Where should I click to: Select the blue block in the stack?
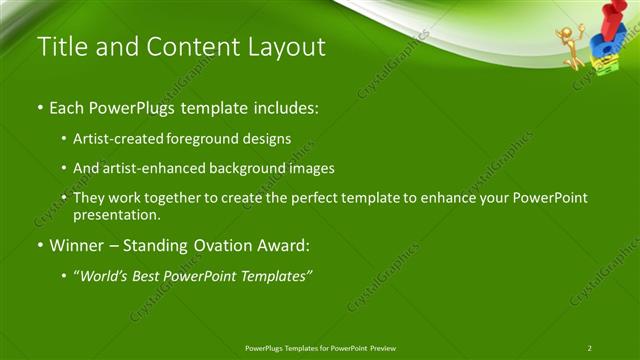tap(604, 45)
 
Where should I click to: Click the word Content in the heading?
tap(188, 46)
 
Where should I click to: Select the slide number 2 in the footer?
tap(589, 348)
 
